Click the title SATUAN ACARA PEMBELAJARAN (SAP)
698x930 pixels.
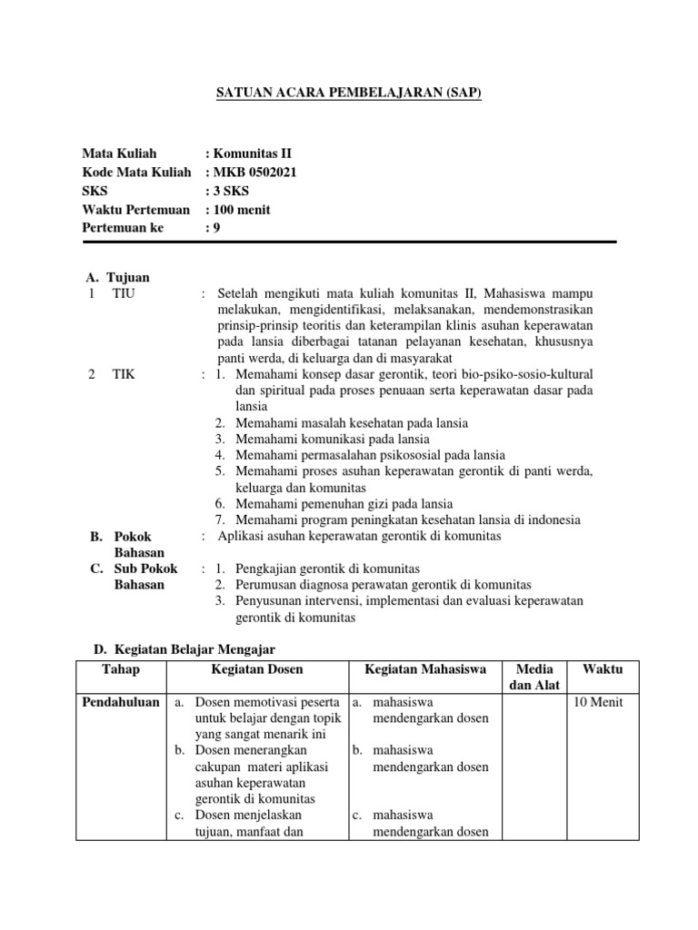[x=348, y=93]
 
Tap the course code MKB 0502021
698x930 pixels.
[x=254, y=173]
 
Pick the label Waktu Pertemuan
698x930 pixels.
[x=136, y=210]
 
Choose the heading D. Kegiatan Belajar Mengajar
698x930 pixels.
[x=185, y=650]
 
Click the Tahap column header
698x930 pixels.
[x=121, y=668]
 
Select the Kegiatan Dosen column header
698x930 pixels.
[x=257, y=668]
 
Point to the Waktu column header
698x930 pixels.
[x=603, y=668]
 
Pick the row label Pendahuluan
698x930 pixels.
[x=121, y=702]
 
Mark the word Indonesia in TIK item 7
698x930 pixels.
[x=554, y=520]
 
